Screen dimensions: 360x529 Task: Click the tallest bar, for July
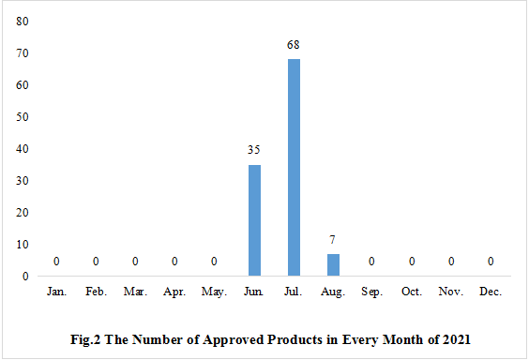click(294, 168)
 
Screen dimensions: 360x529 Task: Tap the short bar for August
click(333, 265)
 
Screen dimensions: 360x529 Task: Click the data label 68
click(294, 45)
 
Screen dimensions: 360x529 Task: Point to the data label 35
click(254, 150)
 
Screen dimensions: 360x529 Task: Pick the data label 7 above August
click(333, 239)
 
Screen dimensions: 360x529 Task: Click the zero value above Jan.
click(57, 262)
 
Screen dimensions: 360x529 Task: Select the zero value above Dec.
click(490, 262)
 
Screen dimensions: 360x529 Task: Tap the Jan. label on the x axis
click(57, 292)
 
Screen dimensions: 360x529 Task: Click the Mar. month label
click(136, 292)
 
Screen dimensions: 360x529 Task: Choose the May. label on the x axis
click(215, 292)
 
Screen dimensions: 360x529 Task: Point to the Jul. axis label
click(294, 292)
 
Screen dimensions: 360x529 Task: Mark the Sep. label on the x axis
click(372, 292)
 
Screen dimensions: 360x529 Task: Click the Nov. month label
click(450, 292)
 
